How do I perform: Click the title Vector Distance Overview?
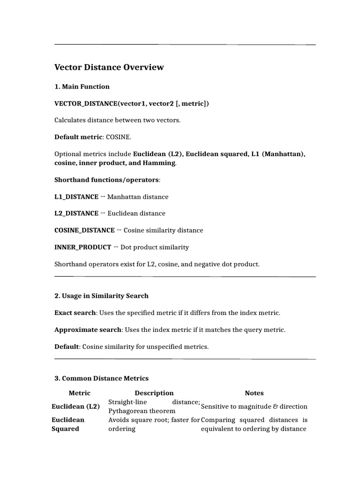[109, 67]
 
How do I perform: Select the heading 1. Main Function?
[82, 87]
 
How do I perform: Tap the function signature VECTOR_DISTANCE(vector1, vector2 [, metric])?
[132, 104]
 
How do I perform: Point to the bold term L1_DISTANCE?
[76, 197]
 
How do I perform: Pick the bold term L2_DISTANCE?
[77, 214]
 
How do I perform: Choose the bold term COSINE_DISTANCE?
[84, 231]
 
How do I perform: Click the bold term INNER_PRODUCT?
[82, 247]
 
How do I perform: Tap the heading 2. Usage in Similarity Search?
[101, 296]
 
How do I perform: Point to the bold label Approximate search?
[88, 330]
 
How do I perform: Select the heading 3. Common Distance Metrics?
[101, 378]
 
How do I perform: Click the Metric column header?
[79, 393]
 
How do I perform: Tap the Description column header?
[154, 393]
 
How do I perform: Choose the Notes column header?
[254, 393]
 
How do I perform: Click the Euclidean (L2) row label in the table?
[75, 406]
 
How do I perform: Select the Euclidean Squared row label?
[68, 424]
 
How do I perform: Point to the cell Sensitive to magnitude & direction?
[254, 406]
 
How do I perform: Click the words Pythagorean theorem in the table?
[142, 411]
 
